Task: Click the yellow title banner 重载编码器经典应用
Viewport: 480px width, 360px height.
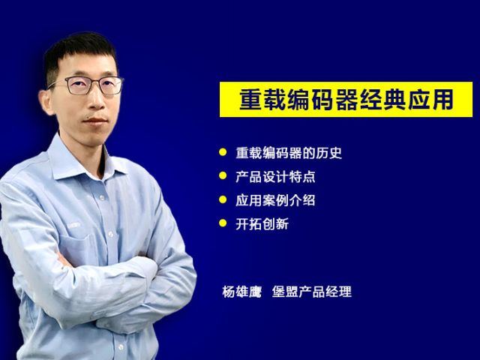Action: click(x=346, y=99)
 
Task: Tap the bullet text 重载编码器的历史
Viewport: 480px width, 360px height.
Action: click(x=289, y=153)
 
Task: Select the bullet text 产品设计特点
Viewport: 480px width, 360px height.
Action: click(x=275, y=177)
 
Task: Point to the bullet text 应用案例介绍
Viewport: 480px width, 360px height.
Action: click(x=275, y=200)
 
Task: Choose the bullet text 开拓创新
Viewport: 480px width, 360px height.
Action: click(x=262, y=224)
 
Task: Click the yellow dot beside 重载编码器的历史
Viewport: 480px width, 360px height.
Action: click(x=223, y=152)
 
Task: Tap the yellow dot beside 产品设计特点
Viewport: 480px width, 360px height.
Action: click(x=223, y=175)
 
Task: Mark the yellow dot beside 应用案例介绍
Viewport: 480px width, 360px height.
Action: click(x=223, y=199)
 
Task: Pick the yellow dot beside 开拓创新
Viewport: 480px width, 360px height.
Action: click(x=223, y=223)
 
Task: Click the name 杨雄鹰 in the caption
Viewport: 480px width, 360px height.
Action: click(x=242, y=292)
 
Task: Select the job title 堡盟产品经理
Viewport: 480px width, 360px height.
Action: click(x=312, y=292)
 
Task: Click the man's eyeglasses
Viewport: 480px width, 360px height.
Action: click(x=87, y=85)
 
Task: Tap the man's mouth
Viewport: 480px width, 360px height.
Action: click(x=95, y=120)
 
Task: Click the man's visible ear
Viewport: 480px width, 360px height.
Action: click(x=47, y=102)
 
